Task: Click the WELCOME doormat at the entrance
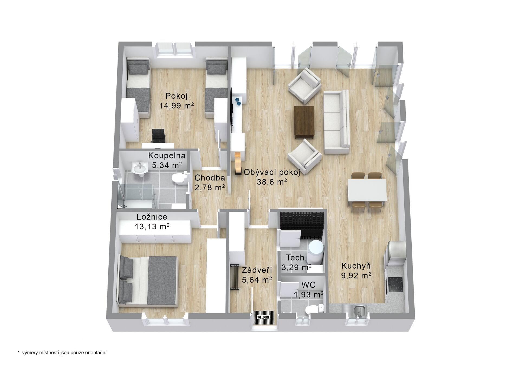(x=264, y=317)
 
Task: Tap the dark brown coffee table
(x=304, y=121)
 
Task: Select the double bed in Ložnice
(x=148, y=281)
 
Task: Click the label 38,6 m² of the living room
(x=272, y=182)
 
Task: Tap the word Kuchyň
(x=356, y=266)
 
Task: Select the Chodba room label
(x=210, y=178)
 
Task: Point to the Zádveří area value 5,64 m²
(x=257, y=279)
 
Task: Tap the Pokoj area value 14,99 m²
(x=176, y=105)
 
